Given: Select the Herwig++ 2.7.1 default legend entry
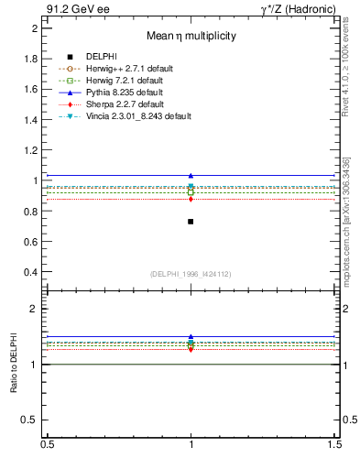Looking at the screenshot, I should point(128,69).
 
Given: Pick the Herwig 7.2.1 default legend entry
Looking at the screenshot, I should point(125,81).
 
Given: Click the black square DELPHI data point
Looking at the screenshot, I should point(191,222).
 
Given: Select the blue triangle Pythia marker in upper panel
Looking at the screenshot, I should point(191,175).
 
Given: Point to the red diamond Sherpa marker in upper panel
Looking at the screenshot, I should point(191,199).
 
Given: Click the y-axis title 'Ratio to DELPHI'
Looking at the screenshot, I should point(15,365).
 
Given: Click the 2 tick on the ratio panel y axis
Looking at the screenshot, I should point(37,309).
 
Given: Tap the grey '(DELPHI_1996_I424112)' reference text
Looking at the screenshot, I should point(191,274).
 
